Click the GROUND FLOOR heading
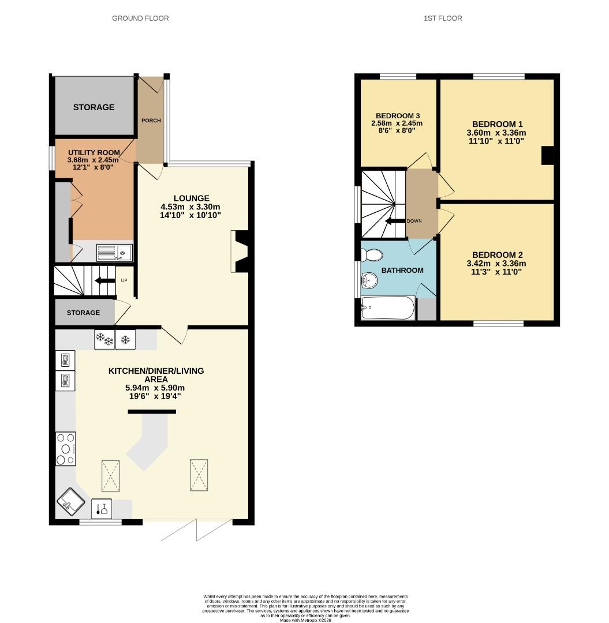click(140, 18)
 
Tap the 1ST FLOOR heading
click(443, 18)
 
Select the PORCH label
click(151, 121)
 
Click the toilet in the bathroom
click(372, 255)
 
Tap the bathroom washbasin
click(369, 280)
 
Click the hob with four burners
click(66, 449)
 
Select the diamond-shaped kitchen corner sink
click(71, 502)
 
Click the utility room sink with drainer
click(114, 253)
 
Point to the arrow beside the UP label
click(104, 281)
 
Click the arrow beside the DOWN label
click(395, 222)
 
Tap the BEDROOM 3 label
click(398, 115)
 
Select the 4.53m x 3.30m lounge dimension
click(190, 207)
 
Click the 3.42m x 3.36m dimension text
click(496, 264)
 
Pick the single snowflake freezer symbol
click(126, 340)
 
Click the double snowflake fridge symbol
click(104, 339)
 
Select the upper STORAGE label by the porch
click(94, 107)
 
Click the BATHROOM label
click(402, 270)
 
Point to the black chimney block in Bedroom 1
click(547, 155)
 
